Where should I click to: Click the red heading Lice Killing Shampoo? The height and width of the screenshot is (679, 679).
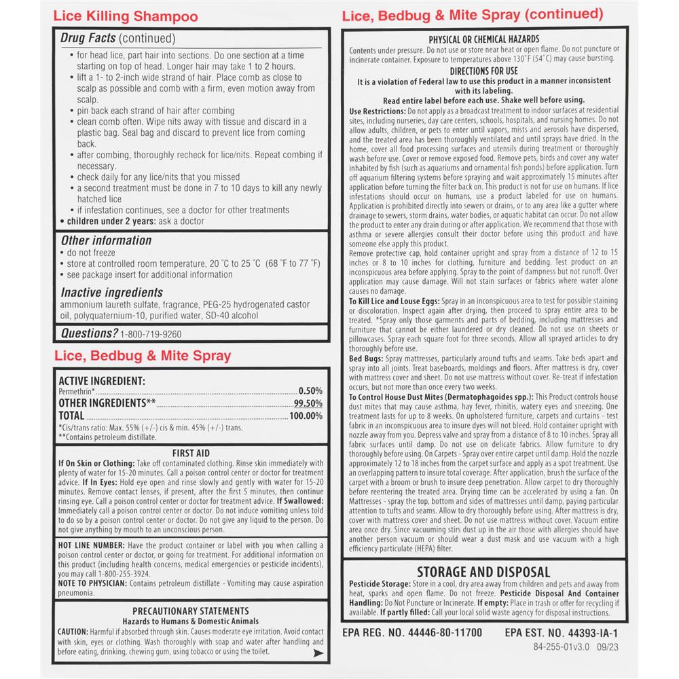tap(126, 17)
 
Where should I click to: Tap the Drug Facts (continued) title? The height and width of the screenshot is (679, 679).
tap(117, 39)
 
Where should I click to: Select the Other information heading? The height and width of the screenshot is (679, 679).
tap(106, 240)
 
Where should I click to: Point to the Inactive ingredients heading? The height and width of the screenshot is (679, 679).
tap(112, 292)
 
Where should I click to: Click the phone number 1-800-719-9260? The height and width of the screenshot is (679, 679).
tap(151, 334)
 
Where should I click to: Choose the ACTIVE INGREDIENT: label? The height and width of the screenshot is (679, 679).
tap(102, 382)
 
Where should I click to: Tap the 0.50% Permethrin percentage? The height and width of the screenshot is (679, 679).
tap(310, 392)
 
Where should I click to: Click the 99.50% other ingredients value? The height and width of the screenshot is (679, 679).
tap(309, 403)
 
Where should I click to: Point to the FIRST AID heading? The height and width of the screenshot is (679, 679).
tap(190, 453)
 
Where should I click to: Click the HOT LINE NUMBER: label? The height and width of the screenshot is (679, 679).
tap(91, 545)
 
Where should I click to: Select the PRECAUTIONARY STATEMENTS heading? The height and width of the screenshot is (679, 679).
tap(190, 611)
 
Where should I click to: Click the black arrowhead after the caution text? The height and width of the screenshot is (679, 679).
tap(316, 653)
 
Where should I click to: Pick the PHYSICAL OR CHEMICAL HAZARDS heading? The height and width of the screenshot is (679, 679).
tap(484, 40)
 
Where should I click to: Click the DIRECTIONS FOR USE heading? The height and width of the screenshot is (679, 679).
tap(484, 71)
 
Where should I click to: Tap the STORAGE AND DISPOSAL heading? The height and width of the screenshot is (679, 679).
tap(483, 572)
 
